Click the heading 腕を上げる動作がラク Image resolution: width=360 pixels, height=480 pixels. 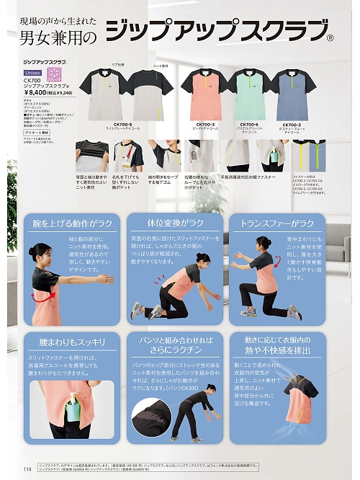71,224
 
